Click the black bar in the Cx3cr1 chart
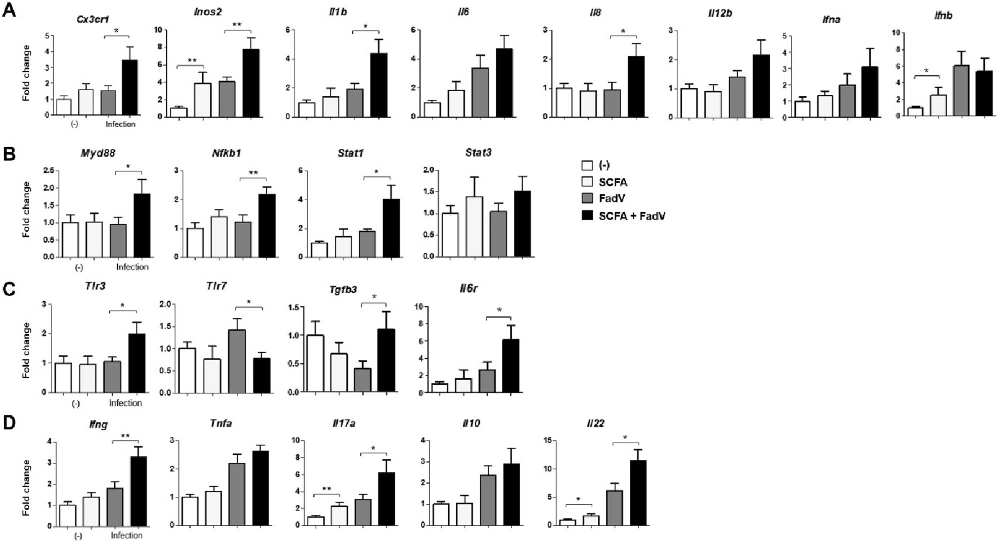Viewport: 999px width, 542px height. click(x=130, y=87)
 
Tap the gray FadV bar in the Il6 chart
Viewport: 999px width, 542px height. click(x=480, y=92)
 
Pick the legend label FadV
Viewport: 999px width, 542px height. click(x=612, y=199)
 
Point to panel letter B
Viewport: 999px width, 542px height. click(x=9, y=154)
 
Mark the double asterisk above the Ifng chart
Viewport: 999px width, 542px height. click(x=125, y=436)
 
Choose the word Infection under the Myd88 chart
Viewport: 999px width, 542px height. click(x=132, y=267)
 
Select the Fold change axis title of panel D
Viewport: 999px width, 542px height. click(x=26, y=484)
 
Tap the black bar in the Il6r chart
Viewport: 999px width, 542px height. click(x=511, y=366)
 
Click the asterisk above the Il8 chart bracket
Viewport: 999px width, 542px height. click(x=623, y=31)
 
